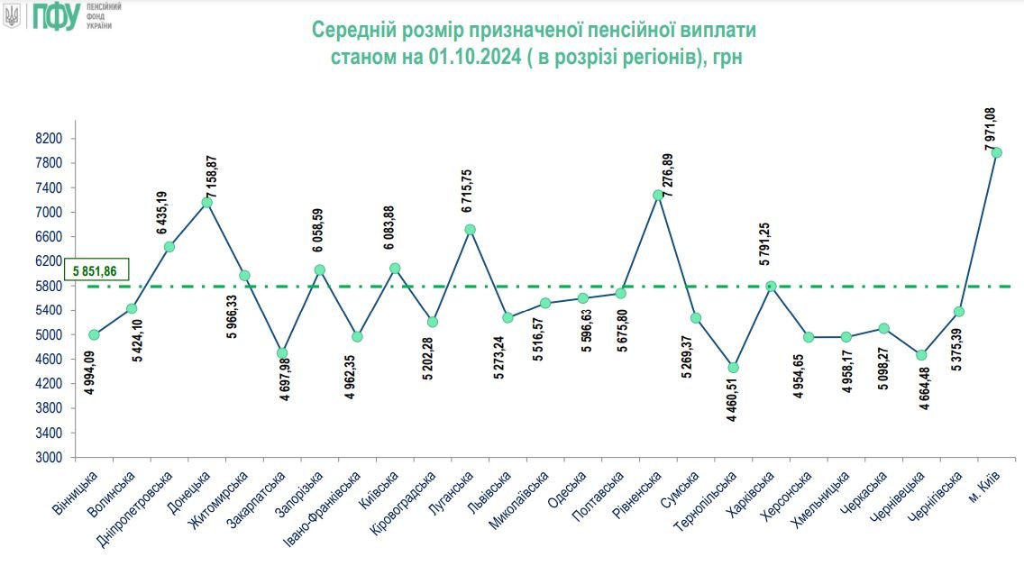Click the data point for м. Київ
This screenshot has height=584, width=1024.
click(996, 152)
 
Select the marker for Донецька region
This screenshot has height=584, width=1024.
click(206, 202)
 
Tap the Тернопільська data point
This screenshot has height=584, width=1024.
click(733, 368)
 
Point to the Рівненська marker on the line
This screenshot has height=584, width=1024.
click(658, 195)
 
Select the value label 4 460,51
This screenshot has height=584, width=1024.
click(731, 402)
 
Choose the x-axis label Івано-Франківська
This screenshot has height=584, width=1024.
click(334, 509)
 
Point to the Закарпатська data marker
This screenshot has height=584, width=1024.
click(282, 353)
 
